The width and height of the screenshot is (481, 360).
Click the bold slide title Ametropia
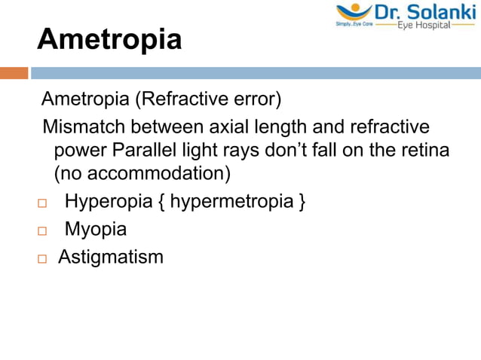pos(109,39)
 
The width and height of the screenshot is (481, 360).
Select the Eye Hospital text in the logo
pos(424,25)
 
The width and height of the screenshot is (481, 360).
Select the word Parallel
pos(147,150)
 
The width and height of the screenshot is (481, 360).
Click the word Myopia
pos(95,230)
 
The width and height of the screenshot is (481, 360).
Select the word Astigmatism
pos(110,257)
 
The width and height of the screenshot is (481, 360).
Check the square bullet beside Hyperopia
pos(42,204)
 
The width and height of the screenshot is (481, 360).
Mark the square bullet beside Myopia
pos(42,231)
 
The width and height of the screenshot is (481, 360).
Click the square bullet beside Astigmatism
pos(42,258)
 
